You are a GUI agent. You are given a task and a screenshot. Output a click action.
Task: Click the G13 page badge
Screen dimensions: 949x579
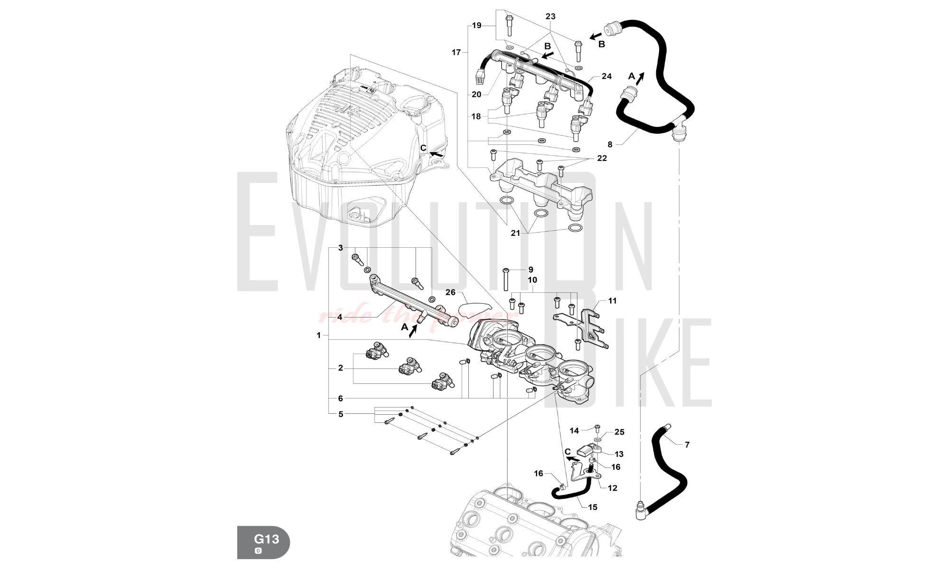[x=263, y=542]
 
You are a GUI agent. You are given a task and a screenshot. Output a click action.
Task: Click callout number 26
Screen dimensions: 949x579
[x=450, y=292]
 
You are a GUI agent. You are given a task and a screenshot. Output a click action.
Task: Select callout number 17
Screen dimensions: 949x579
[x=456, y=52]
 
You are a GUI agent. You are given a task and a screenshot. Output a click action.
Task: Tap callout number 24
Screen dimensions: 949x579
[x=606, y=76]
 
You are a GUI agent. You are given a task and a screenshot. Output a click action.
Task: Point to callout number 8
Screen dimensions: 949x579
[x=610, y=144]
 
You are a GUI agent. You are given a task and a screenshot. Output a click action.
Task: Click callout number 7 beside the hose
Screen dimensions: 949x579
[x=687, y=445]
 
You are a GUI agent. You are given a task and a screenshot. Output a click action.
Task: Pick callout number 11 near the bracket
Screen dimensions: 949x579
[x=612, y=300]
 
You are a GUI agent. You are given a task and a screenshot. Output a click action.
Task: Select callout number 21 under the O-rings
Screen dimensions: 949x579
[x=516, y=233]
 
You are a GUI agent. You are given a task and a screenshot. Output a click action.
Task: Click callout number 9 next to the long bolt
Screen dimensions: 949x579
[x=531, y=270]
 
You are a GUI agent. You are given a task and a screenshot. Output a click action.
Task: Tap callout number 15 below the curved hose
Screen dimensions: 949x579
[x=593, y=507]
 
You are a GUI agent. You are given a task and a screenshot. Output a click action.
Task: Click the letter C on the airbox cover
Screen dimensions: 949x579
[x=423, y=148]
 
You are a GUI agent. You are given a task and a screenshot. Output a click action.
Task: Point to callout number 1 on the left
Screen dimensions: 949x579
[x=319, y=335]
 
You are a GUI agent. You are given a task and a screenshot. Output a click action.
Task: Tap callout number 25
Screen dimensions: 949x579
[x=619, y=432]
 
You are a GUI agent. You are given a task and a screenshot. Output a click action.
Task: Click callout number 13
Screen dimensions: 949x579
[x=619, y=454]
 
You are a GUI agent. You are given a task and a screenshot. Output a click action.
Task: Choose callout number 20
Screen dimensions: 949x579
[x=476, y=94]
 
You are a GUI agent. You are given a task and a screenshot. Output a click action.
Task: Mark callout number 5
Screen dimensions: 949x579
[x=341, y=414]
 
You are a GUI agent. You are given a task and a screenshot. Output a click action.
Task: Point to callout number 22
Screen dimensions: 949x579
[x=602, y=158]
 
